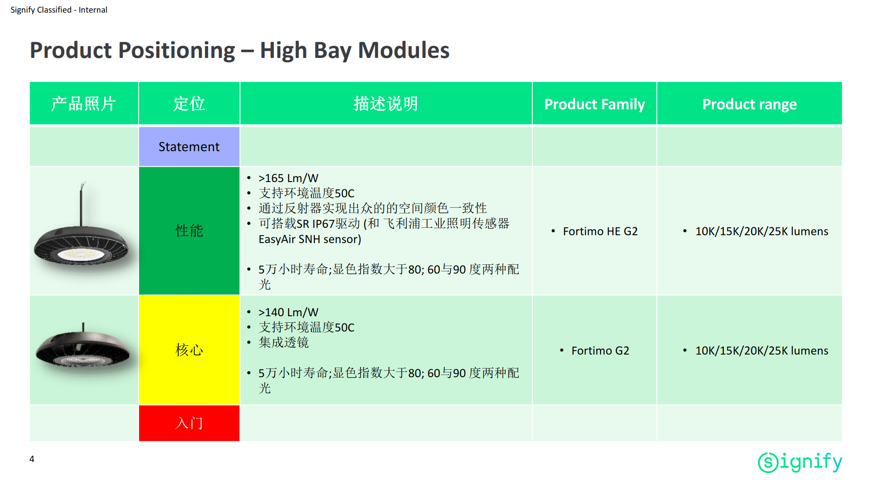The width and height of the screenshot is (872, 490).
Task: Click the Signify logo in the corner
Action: point(800,462)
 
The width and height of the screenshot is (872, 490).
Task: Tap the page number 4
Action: point(32,459)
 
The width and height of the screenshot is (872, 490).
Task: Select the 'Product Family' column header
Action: point(594,104)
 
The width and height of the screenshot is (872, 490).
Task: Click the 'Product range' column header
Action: point(749,104)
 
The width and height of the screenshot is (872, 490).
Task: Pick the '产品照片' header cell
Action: point(84,104)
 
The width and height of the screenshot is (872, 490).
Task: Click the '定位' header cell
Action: point(189,104)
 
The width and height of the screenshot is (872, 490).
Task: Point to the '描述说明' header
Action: point(386,104)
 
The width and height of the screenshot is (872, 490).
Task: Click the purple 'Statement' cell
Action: point(189,147)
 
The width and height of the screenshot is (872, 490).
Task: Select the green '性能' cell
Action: point(189,231)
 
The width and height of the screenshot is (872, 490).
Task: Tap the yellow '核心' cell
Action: point(189,350)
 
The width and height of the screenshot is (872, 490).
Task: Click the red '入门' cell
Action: point(189,423)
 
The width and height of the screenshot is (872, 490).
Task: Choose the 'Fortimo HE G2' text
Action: point(600,231)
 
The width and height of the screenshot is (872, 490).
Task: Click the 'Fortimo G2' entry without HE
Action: point(600,351)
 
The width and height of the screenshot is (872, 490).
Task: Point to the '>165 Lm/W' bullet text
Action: point(288,178)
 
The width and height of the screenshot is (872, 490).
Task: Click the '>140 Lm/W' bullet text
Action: point(288,312)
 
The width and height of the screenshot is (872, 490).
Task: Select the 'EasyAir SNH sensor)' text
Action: point(310,239)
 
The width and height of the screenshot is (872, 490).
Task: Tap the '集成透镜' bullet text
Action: point(283,342)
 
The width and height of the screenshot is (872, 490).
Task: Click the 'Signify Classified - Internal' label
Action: point(59,10)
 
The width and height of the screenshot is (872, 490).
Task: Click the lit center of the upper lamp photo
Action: point(81,254)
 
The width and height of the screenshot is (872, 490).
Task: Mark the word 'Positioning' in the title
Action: point(177,51)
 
